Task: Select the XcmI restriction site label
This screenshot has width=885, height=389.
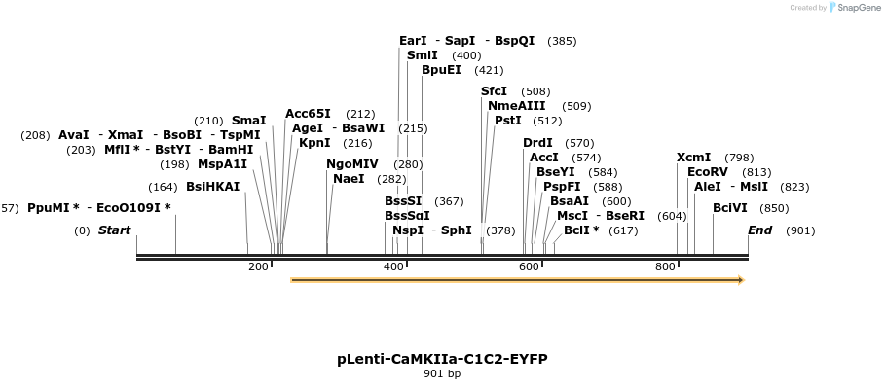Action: point(693,158)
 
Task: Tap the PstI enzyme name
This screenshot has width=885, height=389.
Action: point(508,121)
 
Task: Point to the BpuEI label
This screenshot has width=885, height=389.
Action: point(441,70)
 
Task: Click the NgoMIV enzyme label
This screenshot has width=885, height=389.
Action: point(352,164)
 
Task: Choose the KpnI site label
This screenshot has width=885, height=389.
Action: point(314,143)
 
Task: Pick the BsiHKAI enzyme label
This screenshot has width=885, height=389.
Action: point(212,187)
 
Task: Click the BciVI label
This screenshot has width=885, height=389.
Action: point(730,208)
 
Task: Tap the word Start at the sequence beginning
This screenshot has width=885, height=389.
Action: point(114,230)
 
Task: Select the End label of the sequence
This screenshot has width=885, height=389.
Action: point(759,230)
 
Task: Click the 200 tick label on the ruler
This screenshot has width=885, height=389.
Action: point(258,266)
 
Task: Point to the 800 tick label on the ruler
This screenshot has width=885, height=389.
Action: point(665,266)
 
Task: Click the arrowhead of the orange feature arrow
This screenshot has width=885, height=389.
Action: point(740,280)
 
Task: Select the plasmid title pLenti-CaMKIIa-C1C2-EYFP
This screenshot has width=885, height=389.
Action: point(442,359)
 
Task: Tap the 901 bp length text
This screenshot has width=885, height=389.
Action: point(442,374)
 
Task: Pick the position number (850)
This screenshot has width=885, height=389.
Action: point(774,208)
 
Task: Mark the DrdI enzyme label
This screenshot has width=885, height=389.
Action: point(537,143)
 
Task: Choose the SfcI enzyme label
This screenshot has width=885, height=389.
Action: point(494,91)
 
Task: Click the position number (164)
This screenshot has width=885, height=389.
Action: point(163,187)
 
